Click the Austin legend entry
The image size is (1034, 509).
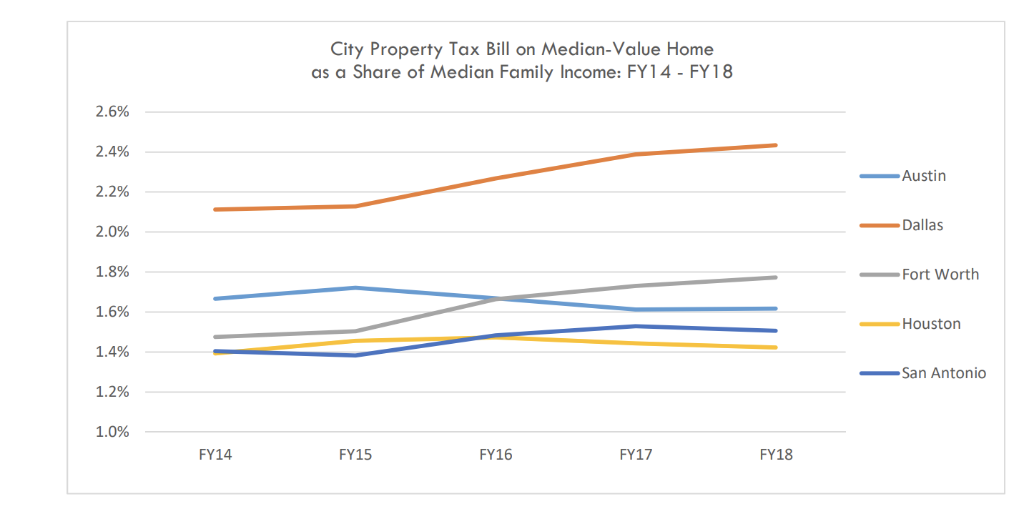pos(923,176)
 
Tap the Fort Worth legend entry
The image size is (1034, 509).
pos(940,275)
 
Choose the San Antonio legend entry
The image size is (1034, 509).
pos(943,373)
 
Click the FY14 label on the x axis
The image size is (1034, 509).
pos(215,455)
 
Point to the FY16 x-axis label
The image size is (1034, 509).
pos(496,455)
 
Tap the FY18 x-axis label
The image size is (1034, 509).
pos(776,455)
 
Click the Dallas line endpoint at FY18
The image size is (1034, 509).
pos(776,145)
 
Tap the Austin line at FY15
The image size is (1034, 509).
pos(355,288)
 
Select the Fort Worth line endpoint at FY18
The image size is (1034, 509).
pos(776,277)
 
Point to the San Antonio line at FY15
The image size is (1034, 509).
pos(355,355)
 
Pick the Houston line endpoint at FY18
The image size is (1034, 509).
pos(776,347)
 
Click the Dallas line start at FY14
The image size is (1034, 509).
pos(215,209)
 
